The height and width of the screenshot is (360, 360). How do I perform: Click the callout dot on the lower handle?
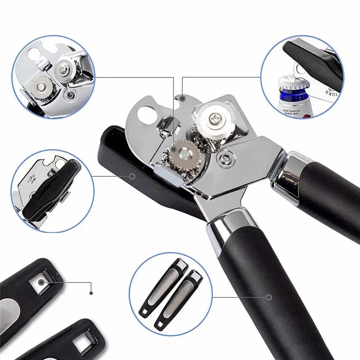(x=269, y=297)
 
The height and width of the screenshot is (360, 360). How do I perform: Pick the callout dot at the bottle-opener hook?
(x=183, y=98)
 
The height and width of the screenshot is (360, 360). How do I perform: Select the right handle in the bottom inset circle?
(x=179, y=297)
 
